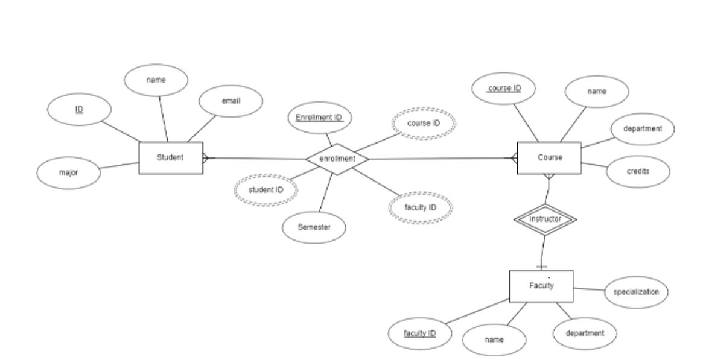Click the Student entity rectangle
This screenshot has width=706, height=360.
tap(171, 158)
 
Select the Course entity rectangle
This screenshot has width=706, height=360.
tap(549, 158)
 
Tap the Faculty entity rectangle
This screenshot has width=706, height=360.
tap(541, 286)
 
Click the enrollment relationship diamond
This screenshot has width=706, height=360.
tap(337, 159)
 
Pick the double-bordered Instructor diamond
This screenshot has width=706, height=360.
tap(545, 219)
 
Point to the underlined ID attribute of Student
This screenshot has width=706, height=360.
tap(80, 110)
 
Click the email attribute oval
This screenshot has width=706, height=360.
tap(231, 101)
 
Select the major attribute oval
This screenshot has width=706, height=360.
tap(68, 173)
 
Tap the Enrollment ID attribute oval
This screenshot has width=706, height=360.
tap(319, 118)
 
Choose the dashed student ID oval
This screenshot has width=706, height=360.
tap(266, 190)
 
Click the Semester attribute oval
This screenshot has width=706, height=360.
tap(314, 228)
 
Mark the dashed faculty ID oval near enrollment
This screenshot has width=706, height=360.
tap(420, 208)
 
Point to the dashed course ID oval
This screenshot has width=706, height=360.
tap(424, 124)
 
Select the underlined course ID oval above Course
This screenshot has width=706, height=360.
tap(504, 89)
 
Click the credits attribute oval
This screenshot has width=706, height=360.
tap(638, 172)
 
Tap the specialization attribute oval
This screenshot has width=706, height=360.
tap(636, 292)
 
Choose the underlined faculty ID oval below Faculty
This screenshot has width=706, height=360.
tap(419, 333)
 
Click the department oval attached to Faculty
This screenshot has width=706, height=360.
tap(584, 333)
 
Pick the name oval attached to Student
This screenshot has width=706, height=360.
tap(156, 80)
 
